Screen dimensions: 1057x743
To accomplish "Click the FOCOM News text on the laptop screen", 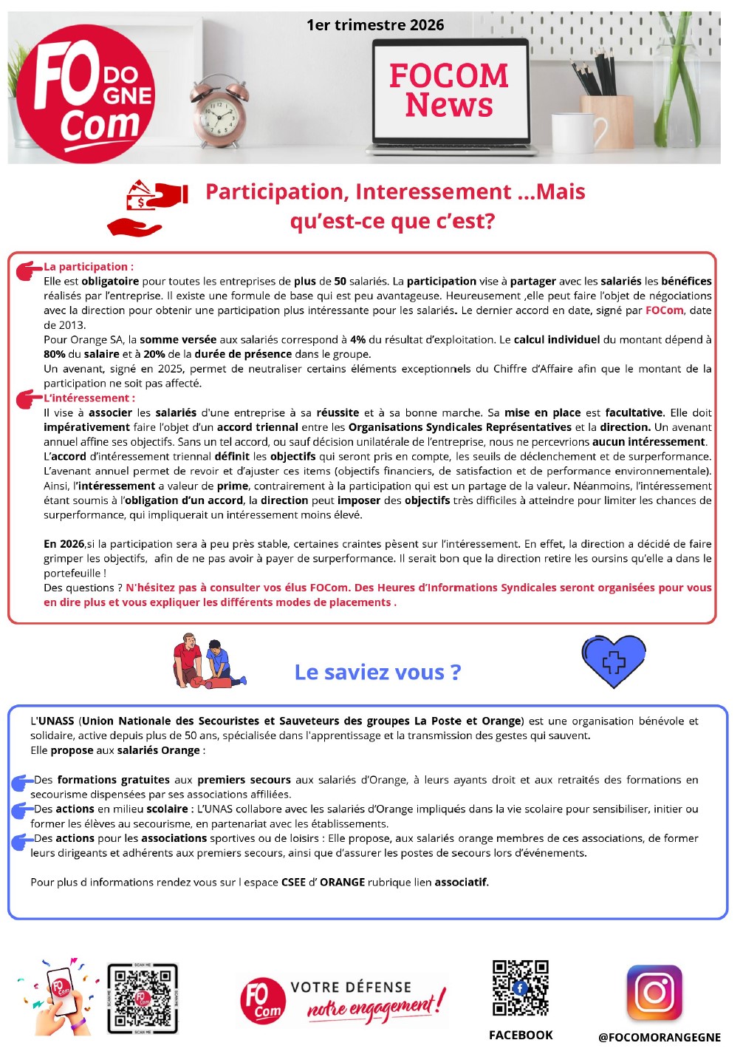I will [x=449, y=90].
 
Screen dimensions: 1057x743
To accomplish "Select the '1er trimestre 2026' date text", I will [x=375, y=25].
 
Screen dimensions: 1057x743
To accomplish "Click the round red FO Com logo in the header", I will [x=86, y=93].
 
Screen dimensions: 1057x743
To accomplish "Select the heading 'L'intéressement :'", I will [x=86, y=398].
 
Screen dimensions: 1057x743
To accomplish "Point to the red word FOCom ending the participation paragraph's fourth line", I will [x=665, y=310].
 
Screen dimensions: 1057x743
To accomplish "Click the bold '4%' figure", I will [x=357, y=340].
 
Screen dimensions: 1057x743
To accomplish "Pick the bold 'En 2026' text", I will [x=64, y=544].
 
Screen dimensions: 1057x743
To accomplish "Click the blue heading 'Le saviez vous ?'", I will [x=377, y=672].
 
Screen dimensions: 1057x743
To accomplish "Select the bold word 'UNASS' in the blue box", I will [x=56, y=721].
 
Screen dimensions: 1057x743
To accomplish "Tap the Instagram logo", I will [x=654, y=993].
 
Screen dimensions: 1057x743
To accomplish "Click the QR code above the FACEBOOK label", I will [x=521, y=988].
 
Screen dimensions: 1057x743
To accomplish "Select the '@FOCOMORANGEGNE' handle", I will [x=660, y=1037].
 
